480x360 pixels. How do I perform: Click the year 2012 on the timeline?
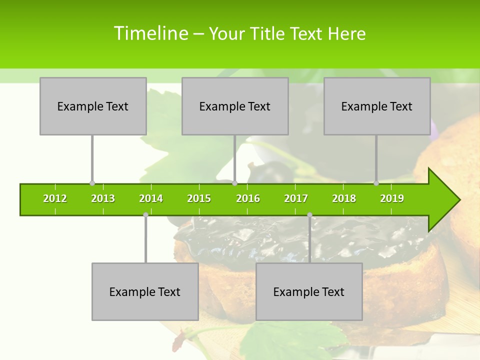(x=55, y=198)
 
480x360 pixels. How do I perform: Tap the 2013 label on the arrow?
(x=103, y=198)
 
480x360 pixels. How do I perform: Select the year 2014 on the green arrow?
(x=151, y=198)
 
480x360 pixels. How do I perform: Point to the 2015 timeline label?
(x=199, y=198)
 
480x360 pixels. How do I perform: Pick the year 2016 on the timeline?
(x=248, y=198)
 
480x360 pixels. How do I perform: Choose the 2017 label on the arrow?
(x=296, y=198)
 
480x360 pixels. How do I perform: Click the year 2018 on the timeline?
(x=344, y=198)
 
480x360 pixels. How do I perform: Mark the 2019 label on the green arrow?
(x=392, y=198)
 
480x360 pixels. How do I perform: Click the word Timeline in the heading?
(x=150, y=33)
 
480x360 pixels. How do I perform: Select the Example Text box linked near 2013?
(x=93, y=106)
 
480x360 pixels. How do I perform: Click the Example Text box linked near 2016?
(x=235, y=106)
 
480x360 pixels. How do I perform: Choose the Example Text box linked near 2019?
(x=377, y=106)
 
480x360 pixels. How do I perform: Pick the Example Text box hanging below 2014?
(x=145, y=291)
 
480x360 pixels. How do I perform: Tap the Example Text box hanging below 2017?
(x=309, y=291)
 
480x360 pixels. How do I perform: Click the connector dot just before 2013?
(x=92, y=183)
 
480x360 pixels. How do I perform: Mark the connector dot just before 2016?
(x=234, y=183)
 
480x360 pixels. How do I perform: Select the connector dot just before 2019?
(x=376, y=183)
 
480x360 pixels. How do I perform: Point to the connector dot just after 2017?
(x=309, y=215)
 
